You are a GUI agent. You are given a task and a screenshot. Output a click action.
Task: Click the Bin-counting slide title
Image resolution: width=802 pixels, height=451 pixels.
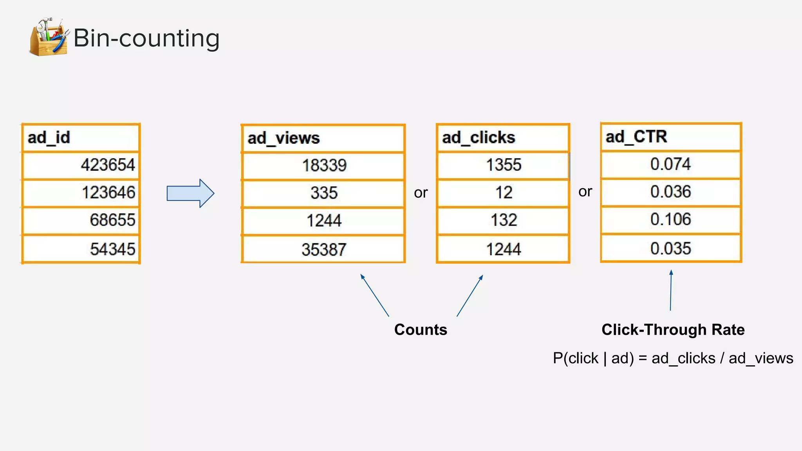click(146, 38)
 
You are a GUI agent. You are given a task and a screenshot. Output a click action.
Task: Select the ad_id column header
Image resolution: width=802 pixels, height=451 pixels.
click(81, 138)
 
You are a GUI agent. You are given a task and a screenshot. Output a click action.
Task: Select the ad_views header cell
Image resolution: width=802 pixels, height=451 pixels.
click(323, 138)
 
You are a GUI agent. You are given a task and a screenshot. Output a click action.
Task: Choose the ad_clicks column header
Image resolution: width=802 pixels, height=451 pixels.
click(503, 138)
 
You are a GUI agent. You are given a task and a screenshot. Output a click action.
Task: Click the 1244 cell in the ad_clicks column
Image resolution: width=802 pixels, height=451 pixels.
click(503, 249)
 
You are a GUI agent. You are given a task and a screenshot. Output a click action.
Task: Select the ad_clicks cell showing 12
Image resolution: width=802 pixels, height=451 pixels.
click(503, 193)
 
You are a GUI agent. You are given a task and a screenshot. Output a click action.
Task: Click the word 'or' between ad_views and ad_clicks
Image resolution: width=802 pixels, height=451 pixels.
click(421, 193)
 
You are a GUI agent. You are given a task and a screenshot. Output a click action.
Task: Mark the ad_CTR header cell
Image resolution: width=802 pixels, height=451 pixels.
click(671, 137)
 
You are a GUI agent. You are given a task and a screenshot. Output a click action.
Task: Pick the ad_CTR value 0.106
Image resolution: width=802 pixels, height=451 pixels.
click(670, 219)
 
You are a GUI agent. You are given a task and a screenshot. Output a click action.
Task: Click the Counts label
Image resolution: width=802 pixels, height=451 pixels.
click(421, 330)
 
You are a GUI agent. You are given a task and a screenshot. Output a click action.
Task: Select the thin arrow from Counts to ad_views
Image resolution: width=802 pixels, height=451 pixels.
click(374, 295)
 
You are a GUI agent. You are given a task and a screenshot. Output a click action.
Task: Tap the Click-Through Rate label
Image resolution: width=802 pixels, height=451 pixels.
click(673, 330)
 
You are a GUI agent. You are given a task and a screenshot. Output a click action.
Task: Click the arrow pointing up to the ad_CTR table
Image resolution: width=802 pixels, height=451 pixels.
click(671, 290)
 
